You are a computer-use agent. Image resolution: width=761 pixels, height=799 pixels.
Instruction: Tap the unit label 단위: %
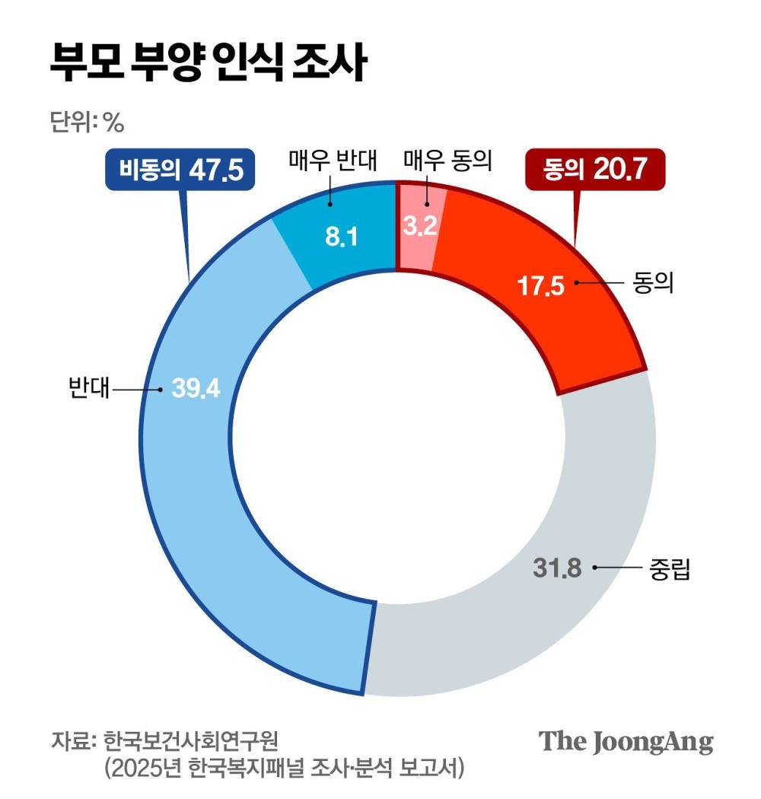point(86,122)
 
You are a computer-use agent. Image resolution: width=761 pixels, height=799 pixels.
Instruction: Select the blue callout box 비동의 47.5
point(180,169)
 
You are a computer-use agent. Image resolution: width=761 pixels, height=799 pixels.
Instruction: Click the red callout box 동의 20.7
point(594,169)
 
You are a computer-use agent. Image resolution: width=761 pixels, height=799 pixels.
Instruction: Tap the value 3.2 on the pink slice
point(419,228)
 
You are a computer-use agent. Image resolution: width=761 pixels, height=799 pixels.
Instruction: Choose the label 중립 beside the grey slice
point(670,569)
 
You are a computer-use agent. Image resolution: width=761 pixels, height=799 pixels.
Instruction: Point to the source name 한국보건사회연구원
point(191,740)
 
